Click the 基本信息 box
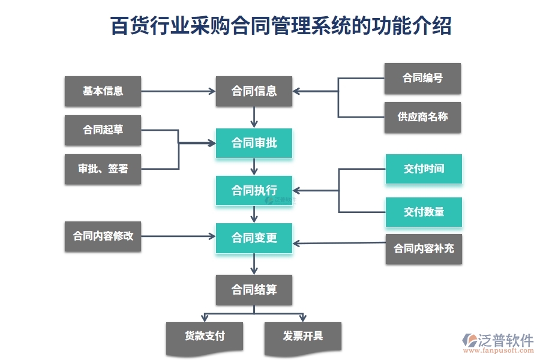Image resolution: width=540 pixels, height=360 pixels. tap(103, 91)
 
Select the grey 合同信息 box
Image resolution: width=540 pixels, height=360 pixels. tap(254, 91)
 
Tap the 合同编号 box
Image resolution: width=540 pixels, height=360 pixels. tap(422, 78)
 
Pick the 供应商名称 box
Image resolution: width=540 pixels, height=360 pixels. tap(422, 117)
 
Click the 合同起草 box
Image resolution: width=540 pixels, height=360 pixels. tap(103, 130)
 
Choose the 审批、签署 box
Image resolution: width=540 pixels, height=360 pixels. tap(103, 169)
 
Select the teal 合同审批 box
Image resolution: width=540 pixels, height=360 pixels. tap(254, 143)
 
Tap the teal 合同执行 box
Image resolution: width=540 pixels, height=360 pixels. tap(254, 191)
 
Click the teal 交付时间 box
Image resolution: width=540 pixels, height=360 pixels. tap(424, 169)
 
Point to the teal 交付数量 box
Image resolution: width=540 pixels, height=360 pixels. tap(424, 212)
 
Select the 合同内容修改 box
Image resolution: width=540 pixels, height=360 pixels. tap(103, 236)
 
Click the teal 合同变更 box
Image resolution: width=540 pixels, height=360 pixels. tap(254, 238)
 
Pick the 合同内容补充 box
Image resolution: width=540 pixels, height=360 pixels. tap(424, 248)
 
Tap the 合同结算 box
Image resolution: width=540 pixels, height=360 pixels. tap(254, 290)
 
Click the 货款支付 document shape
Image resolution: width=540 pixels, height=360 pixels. tap(205, 336)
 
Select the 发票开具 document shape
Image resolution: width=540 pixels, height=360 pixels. tap(302, 336)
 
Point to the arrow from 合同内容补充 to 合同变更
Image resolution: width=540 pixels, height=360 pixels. tap(339, 243)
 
